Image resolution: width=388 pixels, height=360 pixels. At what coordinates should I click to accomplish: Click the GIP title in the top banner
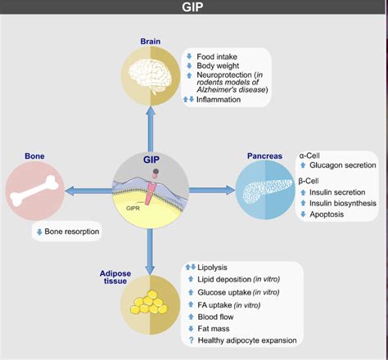(x=193, y=9)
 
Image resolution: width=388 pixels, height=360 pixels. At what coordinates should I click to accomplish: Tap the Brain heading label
(x=150, y=41)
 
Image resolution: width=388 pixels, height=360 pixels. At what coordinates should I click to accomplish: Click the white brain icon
(x=149, y=74)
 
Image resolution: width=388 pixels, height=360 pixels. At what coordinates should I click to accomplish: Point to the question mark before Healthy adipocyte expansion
(x=190, y=340)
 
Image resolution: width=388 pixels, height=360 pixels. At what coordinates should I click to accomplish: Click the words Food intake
(x=219, y=57)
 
